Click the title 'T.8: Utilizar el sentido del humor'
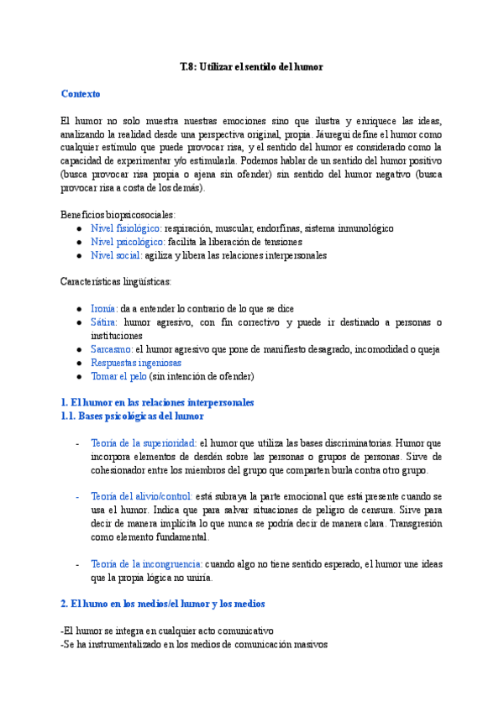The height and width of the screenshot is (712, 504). [251, 66]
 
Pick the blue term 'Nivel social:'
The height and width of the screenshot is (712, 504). [116, 255]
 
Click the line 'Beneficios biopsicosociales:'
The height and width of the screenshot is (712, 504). [118, 215]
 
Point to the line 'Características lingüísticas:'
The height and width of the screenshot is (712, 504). [117, 281]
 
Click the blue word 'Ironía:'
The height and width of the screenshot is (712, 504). [105, 309]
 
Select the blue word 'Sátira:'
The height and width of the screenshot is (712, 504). [104, 322]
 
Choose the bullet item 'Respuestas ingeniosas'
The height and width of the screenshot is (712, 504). [135, 363]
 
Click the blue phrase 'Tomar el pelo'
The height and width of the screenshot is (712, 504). [118, 376]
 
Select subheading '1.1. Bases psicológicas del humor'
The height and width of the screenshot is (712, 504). [132, 416]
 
